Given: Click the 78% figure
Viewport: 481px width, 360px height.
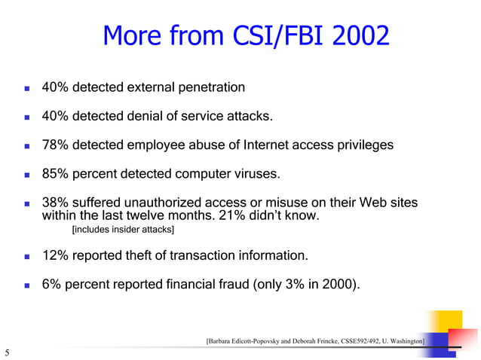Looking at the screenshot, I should point(56,145).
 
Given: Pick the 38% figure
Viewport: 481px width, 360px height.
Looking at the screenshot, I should point(56,204).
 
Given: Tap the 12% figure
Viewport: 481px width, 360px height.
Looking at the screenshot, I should point(56,256).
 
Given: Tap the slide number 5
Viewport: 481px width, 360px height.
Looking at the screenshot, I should point(6,352).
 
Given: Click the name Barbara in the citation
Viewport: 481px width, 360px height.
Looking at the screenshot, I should point(224,342).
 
